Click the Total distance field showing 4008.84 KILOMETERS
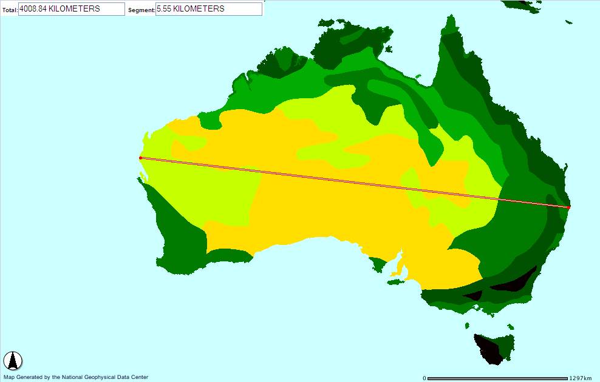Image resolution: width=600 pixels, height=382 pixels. [72, 9]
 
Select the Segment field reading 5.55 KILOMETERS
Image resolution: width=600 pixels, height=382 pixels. [209, 9]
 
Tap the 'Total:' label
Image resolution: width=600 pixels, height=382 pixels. [9, 10]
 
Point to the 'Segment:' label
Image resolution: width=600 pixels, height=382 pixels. [141, 10]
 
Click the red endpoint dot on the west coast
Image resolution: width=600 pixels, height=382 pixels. [140, 158]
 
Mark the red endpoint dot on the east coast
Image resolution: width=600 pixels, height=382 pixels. [568, 207]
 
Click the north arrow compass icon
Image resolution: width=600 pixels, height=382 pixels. [13, 361]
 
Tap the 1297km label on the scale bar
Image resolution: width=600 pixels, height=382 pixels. [580, 378]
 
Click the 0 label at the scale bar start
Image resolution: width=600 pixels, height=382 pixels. [424, 378]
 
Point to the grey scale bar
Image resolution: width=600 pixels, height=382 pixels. [498, 378]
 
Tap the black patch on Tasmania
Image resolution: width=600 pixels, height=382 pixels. [488, 350]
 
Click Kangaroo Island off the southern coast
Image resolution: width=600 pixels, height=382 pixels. [396, 281]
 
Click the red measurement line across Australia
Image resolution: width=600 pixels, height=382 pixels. [352, 183]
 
